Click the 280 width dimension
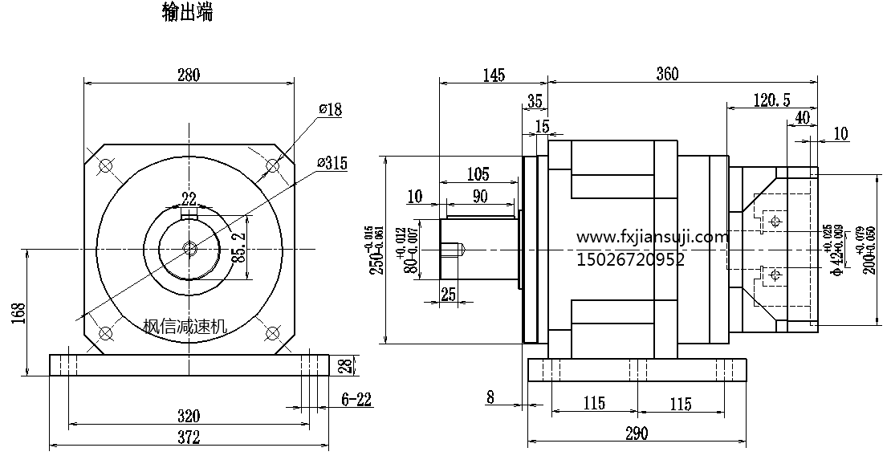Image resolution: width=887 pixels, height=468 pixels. point(188,75)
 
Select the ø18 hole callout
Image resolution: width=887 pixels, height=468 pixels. point(329,110)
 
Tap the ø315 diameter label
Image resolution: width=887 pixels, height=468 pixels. point(332,163)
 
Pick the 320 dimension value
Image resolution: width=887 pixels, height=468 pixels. point(188,416)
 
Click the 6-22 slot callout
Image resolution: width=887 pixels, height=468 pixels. point(356,399)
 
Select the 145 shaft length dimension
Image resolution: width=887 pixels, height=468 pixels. point(494,75)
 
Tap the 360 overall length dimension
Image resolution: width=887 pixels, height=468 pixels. point(667,75)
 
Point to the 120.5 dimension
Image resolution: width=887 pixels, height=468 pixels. point(772,100)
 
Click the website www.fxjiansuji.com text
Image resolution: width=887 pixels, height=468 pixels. point(653,238)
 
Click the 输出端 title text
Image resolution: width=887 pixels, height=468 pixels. point(187,14)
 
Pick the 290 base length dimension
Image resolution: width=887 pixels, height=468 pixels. point(635,433)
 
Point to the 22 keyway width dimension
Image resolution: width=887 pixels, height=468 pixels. point(189,199)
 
